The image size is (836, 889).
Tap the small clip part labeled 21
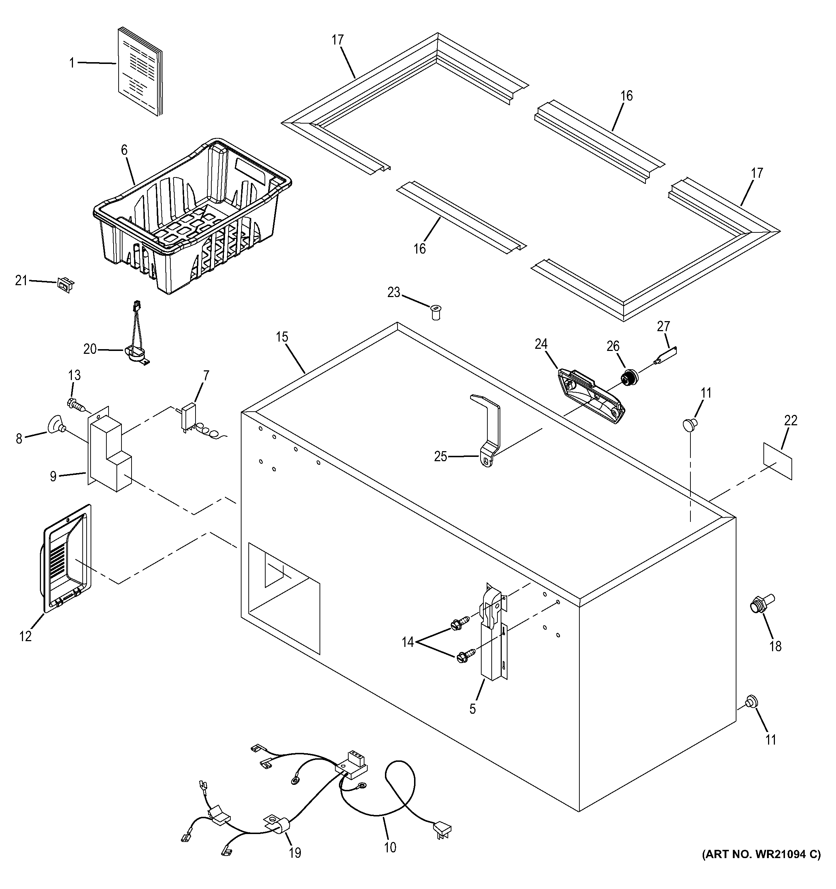point(65,284)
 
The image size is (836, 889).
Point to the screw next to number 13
point(77,405)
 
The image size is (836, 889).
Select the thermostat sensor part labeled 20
point(134,353)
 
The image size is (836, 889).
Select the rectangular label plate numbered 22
point(778,461)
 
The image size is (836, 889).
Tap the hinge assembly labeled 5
point(492,635)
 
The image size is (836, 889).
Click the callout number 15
point(282,337)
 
